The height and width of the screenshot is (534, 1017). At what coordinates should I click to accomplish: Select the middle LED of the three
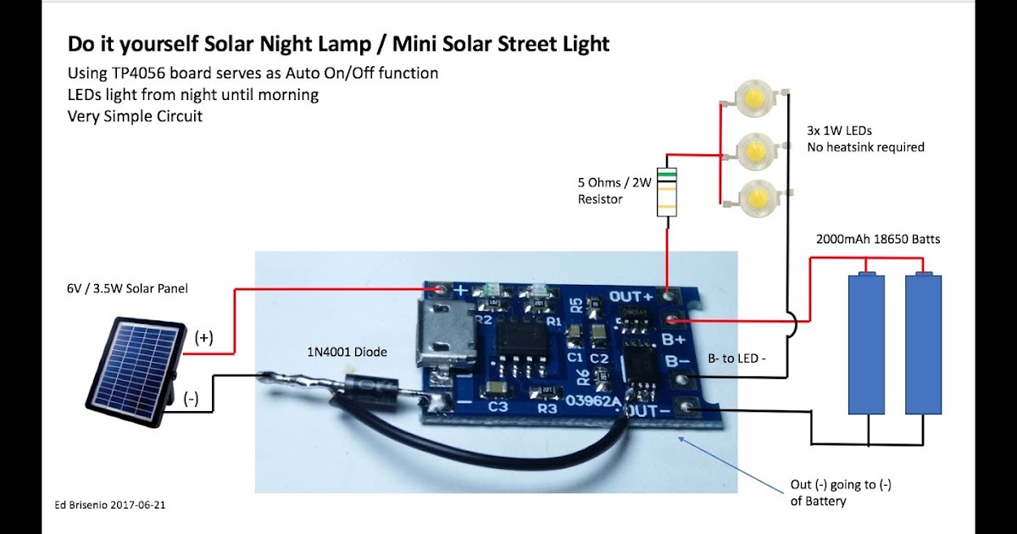pyautogui.click(x=752, y=150)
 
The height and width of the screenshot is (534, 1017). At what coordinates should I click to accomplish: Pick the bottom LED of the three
pyautogui.click(x=752, y=199)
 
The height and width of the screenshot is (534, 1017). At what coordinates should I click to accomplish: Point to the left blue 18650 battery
pyautogui.click(x=866, y=342)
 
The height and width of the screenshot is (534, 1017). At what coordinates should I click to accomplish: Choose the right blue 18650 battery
pyautogui.click(x=923, y=342)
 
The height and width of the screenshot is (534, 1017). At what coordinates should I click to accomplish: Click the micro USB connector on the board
pyautogui.click(x=442, y=331)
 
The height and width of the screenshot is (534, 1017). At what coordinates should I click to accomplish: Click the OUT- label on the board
pyautogui.click(x=649, y=411)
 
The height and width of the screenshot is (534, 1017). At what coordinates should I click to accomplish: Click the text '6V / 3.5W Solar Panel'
pyautogui.click(x=127, y=289)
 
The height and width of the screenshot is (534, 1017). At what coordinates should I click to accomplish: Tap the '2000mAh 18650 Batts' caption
pyautogui.click(x=878, y=239)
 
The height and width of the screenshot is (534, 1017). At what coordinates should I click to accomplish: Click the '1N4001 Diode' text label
pyautogui.click(x=347, y=350)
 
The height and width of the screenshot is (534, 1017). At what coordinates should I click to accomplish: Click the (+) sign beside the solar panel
pyautogui.click(x=203, y=337)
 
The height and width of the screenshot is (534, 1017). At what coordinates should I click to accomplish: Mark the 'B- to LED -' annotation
pyautogui.click(x=743, y=359)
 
